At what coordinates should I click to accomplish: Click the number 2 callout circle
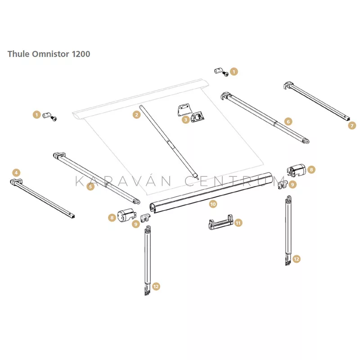click(137, 115)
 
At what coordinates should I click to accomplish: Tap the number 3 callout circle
click(186, 120)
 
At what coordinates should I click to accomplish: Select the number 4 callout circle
click(16, 173)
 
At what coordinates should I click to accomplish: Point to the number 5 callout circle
click(91, 186)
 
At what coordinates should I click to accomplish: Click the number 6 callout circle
click(288, 121)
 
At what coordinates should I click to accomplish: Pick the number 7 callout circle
click(352, 126)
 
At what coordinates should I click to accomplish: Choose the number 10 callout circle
click(213, 204)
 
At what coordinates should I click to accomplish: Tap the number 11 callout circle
click(238, 223)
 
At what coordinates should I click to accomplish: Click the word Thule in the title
click(18, 54)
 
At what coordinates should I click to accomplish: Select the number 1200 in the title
click(81, 54)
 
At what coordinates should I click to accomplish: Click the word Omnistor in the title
click(50, 54)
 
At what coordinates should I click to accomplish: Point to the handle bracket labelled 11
click(221, 222)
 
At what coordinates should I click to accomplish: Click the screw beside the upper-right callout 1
click(226, 74)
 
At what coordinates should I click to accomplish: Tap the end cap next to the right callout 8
click(297, 171)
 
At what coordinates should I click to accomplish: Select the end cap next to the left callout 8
click(126, 215)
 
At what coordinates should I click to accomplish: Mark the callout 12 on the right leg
click(297, 259)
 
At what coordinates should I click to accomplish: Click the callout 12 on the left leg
click(156, 287)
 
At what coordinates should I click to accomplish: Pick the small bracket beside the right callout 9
click(283, 184)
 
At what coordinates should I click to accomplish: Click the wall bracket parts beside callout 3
click(191, 113)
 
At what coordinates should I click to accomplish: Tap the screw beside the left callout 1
click(54, 119)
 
